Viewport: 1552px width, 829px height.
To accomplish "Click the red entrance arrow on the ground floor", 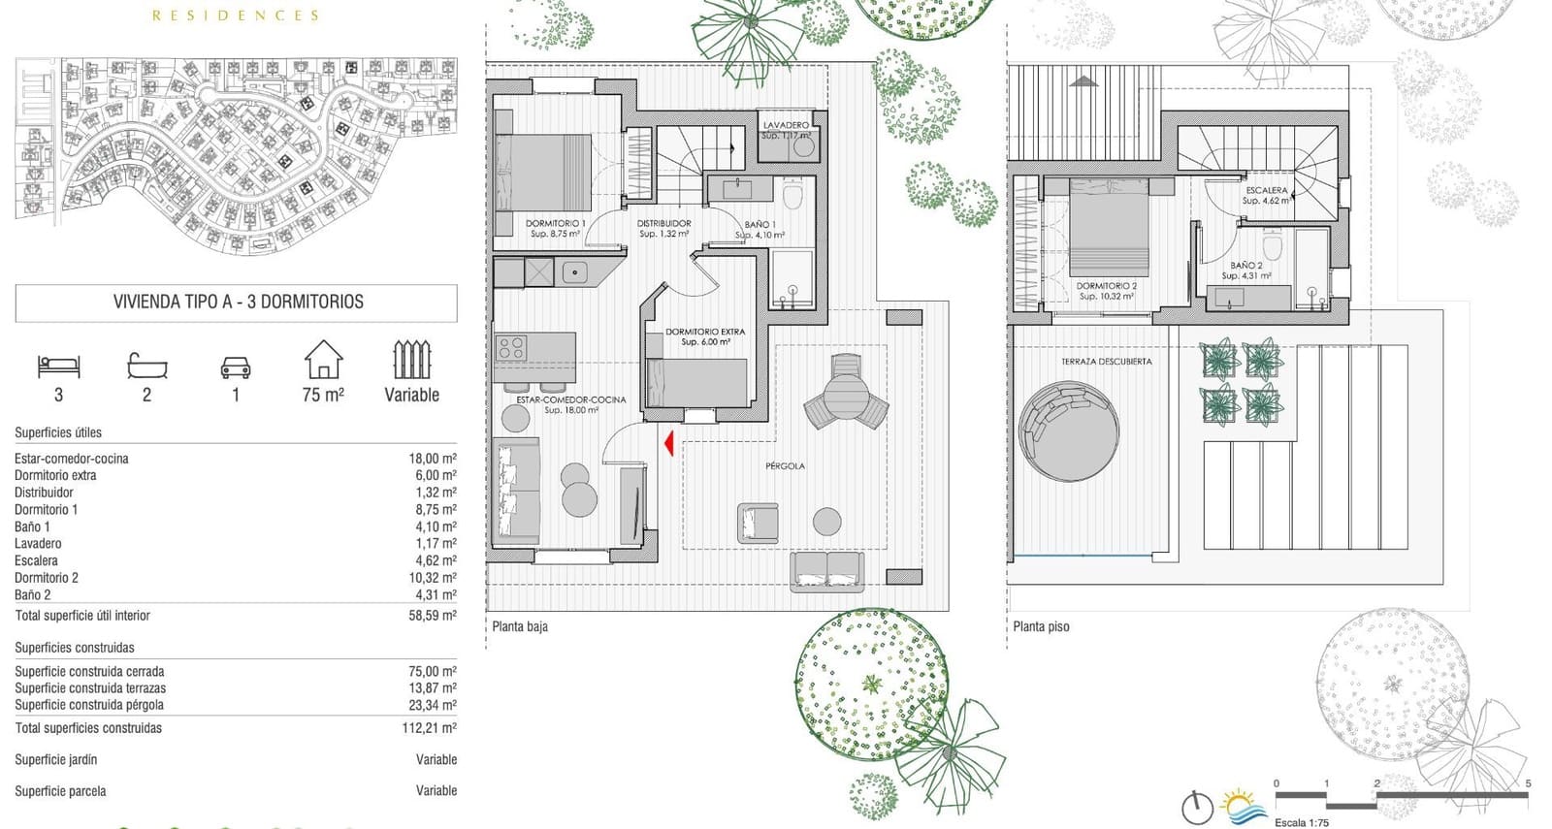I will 668,442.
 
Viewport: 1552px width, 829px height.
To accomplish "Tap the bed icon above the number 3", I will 59,366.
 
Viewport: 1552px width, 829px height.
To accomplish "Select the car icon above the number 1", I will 236,367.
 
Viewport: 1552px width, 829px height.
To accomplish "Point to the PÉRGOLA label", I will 785,466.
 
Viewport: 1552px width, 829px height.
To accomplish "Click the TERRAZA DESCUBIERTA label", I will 1106,362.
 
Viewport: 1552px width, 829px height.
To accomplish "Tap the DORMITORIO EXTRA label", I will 705,332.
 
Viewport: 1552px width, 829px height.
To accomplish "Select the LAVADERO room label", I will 786,125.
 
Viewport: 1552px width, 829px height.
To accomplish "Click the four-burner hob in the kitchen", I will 511,347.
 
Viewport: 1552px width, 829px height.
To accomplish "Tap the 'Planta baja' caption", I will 520,626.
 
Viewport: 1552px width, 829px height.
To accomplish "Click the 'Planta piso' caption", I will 1041,626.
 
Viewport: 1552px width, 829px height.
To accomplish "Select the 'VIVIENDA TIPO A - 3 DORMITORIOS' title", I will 238,302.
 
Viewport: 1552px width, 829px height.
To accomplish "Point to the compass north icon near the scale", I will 1197,807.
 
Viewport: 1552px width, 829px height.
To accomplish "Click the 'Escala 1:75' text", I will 1301,822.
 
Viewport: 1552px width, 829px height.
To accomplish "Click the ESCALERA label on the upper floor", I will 1267,190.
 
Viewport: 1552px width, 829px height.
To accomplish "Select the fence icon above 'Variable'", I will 411,359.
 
